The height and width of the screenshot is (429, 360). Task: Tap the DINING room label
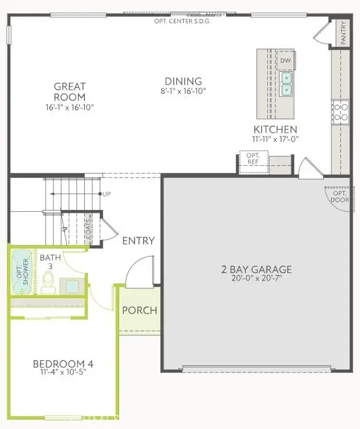(x=183, y=81)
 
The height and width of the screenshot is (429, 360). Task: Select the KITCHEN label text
(x=275, y=129)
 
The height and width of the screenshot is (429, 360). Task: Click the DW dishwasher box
(x=285, y=61)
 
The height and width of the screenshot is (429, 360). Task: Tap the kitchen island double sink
(x=286, y=83)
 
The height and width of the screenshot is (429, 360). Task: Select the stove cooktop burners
(x=338, y=111)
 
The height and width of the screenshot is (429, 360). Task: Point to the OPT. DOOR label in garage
(x=339, y=196)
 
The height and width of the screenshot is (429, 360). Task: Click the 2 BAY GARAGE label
(x=256, y=269)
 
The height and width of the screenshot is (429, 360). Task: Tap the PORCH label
(x=139, y=310)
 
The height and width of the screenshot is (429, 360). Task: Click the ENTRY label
(x=138, y=241)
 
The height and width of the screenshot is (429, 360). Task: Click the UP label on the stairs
(x=107, y=194)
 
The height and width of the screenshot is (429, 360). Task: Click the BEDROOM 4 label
(x=63, y=364)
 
